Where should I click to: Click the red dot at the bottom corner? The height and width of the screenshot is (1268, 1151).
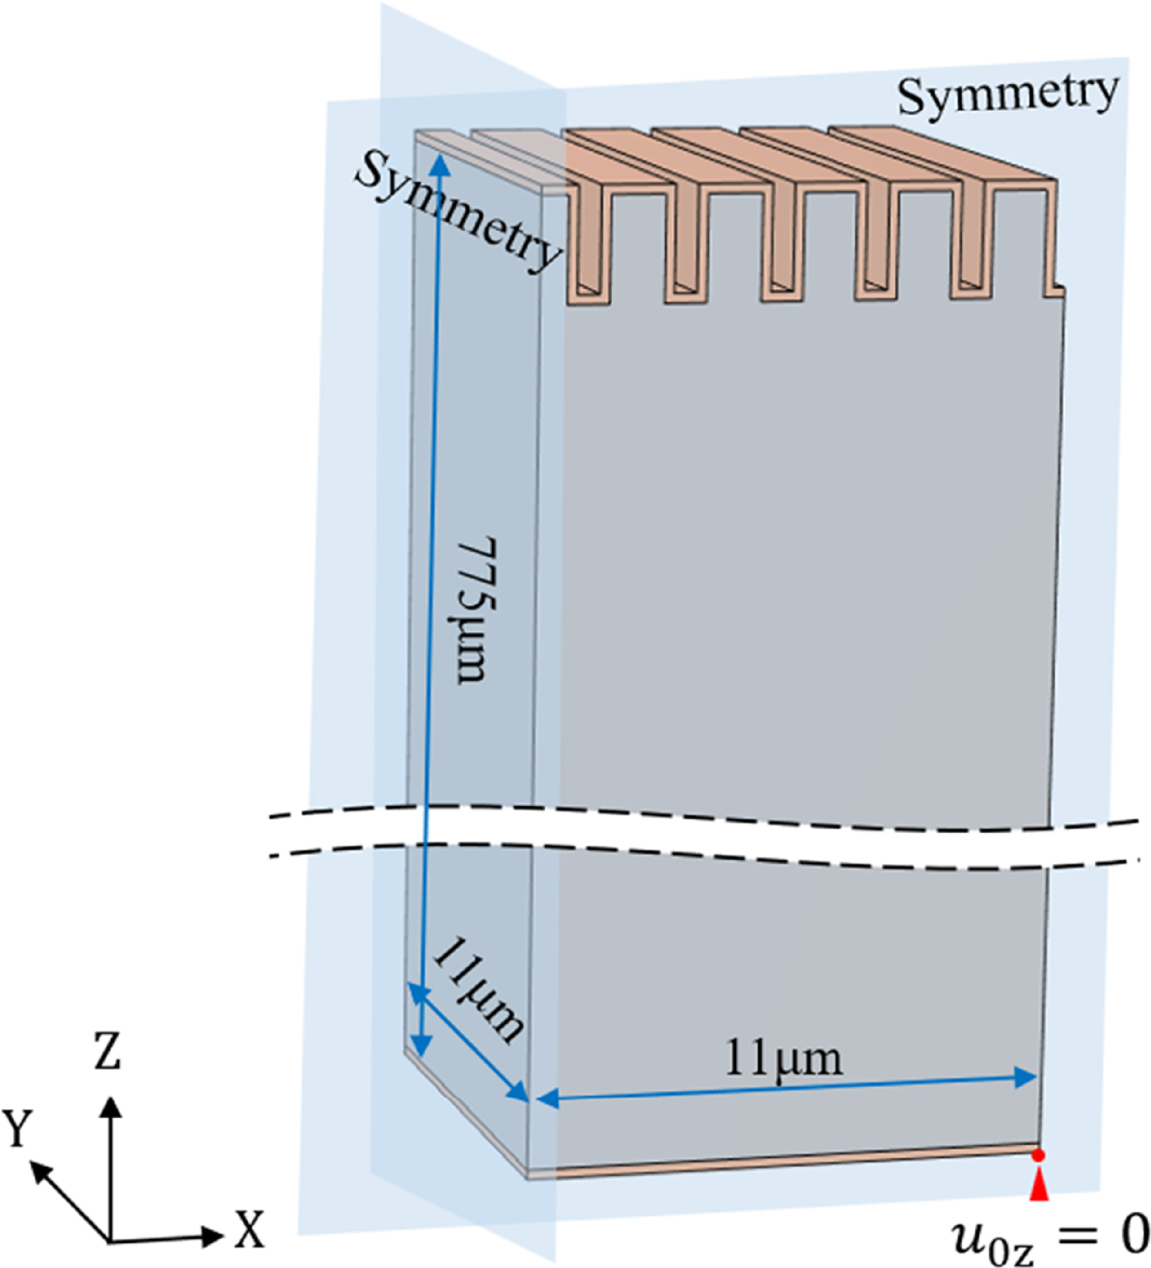(1038, 1155)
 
